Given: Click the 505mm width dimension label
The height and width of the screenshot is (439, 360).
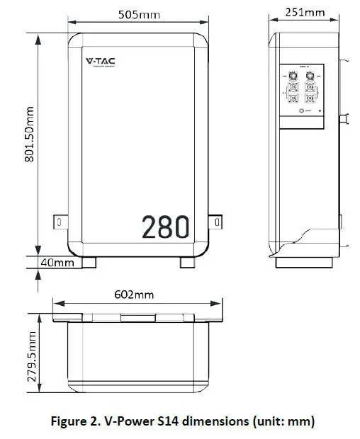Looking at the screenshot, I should point(139,13).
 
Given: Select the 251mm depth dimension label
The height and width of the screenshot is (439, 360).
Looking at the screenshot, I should point(305,12).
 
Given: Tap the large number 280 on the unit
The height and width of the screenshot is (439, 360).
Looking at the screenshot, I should point(165,227).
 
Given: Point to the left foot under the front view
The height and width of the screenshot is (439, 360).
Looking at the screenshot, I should point(89,263).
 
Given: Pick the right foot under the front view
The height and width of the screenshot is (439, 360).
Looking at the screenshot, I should point(188,263).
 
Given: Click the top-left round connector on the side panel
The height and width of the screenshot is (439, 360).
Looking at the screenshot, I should point(292,76).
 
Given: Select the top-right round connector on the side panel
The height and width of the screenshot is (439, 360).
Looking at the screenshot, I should point(309,76).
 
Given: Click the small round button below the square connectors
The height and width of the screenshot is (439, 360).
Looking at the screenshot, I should point(307,111).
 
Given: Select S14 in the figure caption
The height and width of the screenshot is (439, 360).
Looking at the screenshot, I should point(176,422).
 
